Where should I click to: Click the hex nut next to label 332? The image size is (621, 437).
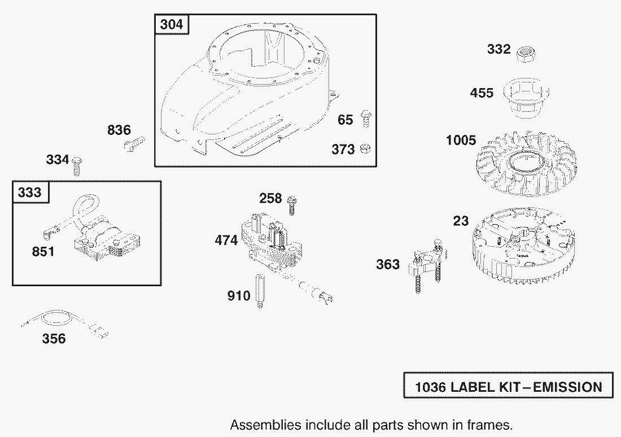527,54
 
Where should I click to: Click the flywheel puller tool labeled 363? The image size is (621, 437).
424,265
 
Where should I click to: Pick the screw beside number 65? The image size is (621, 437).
365,119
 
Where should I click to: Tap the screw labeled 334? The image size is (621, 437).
77,164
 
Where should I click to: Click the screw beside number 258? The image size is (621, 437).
292,203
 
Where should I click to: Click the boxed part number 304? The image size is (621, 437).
172,25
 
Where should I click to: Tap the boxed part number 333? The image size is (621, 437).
30,192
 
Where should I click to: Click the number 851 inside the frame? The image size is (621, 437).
43,251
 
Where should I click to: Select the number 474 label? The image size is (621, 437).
226,241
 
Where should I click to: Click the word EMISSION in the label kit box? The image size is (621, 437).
567,387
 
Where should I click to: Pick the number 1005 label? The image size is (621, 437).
461,141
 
